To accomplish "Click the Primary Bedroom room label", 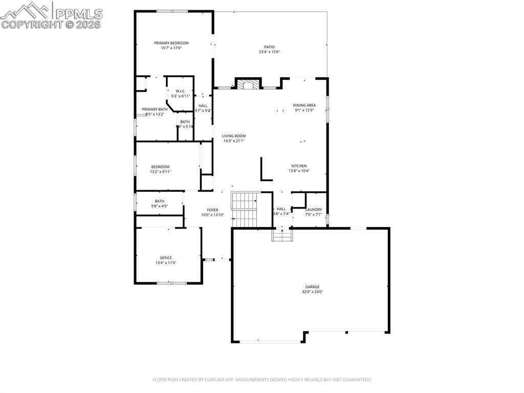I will click(x=171, y=43).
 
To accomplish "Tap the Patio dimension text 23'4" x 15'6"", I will click(x=269, y=52).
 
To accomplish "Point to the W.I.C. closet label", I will click(x=180, y=91).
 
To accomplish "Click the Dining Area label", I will click(x=304, y=105).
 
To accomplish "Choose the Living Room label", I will click(x=234, y=136).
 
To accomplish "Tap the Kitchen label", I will click(x=299, y=166).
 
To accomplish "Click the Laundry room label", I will click(x=313, y=210).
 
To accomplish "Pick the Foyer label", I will click(x=212, y=210).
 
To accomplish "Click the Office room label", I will click(x=166, y=258).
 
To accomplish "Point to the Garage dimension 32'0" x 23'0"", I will click(x=312, y=292).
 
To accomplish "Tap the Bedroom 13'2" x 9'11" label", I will click(x=160, y=167).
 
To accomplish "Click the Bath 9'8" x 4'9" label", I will click(x=160, y=201).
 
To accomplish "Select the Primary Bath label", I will click(x=155, y=109).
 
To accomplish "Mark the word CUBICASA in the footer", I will click(x=212, y=380).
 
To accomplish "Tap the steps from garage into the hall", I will click(x=282, y=235).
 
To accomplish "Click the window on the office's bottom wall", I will click(x=171, y=283).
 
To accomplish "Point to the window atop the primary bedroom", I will click(x=172, y=11).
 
